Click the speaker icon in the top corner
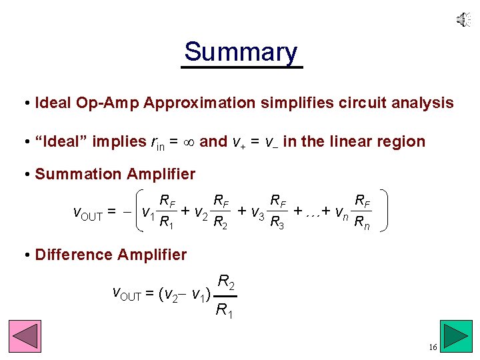463,21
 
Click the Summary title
241,52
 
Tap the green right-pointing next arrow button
457,336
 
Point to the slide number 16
433,348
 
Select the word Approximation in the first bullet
199,103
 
